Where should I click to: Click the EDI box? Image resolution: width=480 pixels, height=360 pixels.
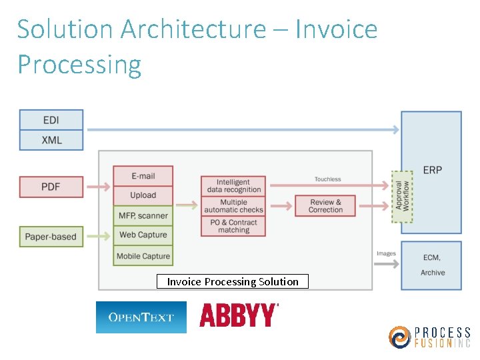point(51,120)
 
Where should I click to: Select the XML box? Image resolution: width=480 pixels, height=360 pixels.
point(51,140)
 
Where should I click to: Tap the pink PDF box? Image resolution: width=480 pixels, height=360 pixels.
point(51,187)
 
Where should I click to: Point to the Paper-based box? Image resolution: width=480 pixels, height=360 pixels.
point(51,237)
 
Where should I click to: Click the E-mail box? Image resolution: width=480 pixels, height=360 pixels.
point(143,176)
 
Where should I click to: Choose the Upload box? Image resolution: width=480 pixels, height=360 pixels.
point(143,195)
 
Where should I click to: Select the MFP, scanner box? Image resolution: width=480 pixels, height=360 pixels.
point(143,215)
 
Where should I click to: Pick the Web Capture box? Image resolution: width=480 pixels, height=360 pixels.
point(143,235)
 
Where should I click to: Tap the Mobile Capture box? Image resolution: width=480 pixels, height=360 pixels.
point(143,256)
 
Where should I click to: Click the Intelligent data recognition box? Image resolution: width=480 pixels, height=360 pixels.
point(233,186)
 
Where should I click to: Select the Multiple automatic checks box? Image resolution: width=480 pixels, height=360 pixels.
point(233,206)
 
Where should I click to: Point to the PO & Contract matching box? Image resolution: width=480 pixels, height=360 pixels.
point(233,226)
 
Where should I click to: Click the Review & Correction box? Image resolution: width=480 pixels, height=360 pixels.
point(325,206)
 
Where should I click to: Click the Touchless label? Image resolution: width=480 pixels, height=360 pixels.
point(327,179)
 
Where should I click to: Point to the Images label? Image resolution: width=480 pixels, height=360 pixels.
point(386,254)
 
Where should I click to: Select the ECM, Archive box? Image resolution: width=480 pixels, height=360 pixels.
point(431,265)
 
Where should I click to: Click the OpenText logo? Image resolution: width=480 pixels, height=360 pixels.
point(141,317)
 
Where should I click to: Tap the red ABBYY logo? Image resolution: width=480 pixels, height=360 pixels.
point(238,315)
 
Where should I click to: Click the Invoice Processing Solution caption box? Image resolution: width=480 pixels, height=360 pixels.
point(233,281)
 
